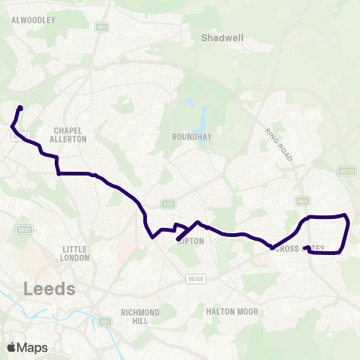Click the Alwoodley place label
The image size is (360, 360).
point(34,21)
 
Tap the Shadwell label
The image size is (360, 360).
point(218,36)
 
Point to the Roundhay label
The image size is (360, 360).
point(188,137)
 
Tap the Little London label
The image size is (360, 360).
point(76,253)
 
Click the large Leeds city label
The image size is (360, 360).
point(49,288)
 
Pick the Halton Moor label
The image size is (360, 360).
point(232,311)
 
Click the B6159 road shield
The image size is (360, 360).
point(196,277)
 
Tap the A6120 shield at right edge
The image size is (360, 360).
point(346,171)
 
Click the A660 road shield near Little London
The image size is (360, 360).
point(24,229)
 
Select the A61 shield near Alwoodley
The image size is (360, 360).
point(101,27)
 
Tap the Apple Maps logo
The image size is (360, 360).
point(26,347)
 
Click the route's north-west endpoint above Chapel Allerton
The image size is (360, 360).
point(20,109)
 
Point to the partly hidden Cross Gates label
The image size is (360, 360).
point(300,248)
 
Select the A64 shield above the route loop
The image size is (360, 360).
point(301,201)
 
